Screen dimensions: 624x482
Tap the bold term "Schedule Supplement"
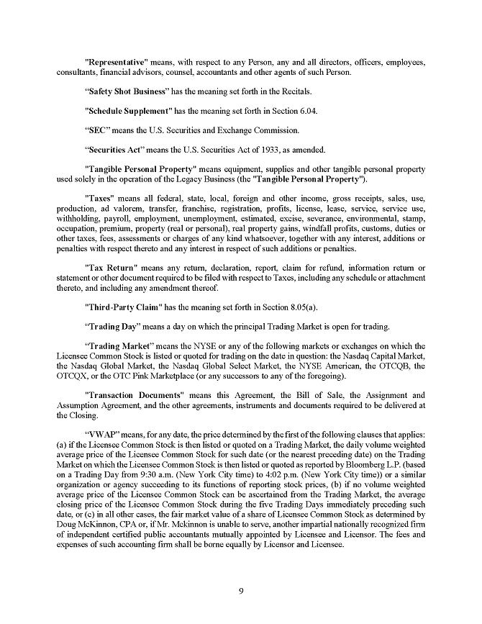point(128,112)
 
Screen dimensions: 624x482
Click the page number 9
point(241,592)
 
